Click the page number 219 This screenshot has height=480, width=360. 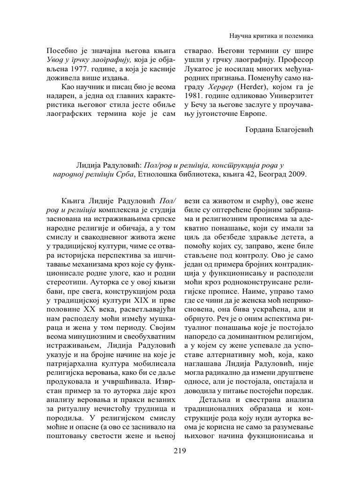180,451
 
